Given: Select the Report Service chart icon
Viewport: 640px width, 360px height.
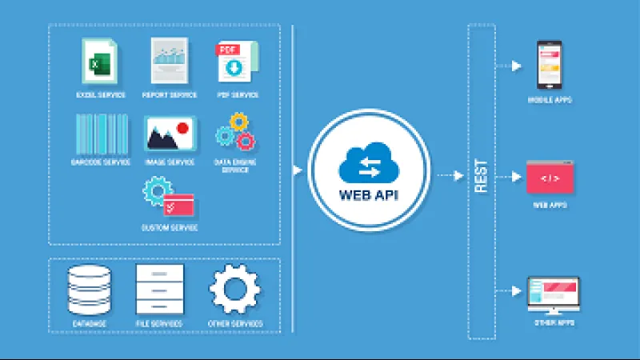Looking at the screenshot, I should pos(170,61).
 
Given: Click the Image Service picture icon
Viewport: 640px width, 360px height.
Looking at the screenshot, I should pos(170,134).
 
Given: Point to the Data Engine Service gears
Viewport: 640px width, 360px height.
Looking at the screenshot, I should pos(235,133).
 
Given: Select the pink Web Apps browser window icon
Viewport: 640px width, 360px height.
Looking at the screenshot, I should pos(549,178).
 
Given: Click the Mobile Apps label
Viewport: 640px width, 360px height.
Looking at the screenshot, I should pos(549,100).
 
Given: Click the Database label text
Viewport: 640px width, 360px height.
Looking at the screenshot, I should pos(89,324).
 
